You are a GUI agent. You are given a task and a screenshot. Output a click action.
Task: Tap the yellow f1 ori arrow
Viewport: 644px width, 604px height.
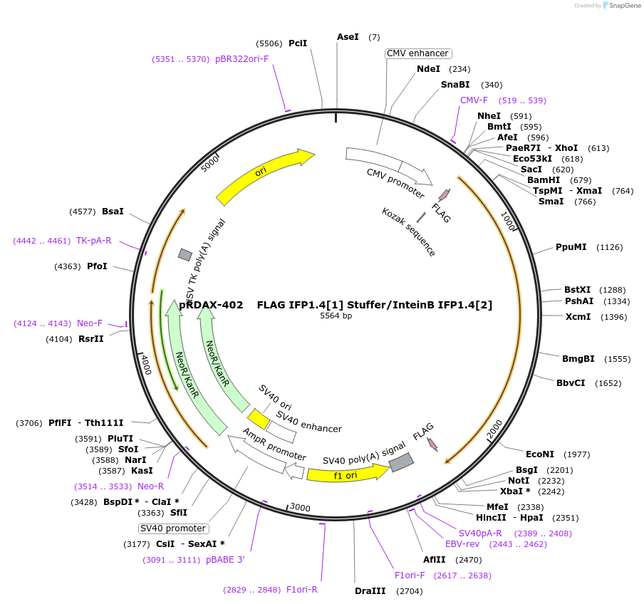tap(346, 474)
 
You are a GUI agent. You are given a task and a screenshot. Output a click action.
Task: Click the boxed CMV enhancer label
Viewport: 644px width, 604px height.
tap(418, 53)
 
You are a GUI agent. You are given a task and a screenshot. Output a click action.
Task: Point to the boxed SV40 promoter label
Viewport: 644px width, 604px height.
tap(174, 528)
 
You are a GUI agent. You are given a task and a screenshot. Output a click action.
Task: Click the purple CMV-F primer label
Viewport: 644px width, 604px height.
tap(474, 100)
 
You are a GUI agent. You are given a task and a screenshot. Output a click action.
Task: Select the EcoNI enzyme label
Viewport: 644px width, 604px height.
tap(539, 454)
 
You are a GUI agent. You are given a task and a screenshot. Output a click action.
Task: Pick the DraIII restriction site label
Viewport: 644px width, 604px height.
tap(370, 590)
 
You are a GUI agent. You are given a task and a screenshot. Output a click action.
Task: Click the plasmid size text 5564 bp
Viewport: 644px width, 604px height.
tap(336, 316)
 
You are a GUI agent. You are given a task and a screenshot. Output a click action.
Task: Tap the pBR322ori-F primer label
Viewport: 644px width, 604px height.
tap(242, 59)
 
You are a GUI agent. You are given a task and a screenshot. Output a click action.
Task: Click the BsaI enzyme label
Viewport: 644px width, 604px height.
tap(113, 211)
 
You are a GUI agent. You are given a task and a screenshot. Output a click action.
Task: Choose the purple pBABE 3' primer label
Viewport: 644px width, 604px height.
tap(225, 560)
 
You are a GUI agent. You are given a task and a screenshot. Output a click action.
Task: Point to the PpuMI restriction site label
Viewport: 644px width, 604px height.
tap(571, 247)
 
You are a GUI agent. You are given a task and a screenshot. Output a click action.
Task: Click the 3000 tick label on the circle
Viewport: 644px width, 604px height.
tap(300, 508)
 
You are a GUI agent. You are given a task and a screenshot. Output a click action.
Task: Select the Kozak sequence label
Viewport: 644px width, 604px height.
tap(409, 232)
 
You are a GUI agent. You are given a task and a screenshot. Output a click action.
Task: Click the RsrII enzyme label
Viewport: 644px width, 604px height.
tap(90, 338)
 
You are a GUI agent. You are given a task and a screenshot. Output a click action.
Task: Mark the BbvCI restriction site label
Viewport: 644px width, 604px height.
tap(571, 382)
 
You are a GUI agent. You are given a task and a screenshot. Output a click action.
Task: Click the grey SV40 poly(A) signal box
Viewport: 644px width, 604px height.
tap(401, 462)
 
